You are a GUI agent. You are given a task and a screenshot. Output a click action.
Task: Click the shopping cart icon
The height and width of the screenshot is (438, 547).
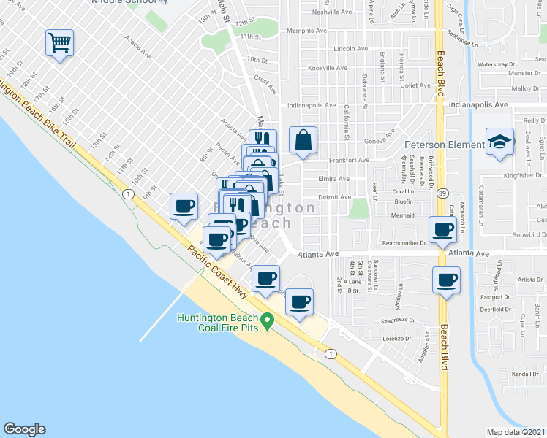point(59,42)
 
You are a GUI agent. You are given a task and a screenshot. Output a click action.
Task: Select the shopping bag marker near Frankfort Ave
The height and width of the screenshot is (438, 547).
point(303,139)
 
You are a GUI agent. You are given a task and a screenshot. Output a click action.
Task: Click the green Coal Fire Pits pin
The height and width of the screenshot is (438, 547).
point(268,320)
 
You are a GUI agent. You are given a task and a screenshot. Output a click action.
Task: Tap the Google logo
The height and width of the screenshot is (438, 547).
point(24,429)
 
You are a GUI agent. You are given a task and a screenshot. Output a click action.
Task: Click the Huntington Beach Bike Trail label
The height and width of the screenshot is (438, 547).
point(37,113)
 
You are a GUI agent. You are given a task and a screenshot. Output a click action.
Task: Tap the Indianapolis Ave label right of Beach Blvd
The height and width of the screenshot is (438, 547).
point(479,105)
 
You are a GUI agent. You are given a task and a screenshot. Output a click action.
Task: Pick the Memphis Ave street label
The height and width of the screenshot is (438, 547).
point(306,31)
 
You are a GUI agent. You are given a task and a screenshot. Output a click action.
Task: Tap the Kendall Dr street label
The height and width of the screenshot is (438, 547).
point(524,374)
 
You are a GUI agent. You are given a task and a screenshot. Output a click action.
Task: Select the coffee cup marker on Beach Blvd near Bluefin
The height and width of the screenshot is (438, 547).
point(442,229)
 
